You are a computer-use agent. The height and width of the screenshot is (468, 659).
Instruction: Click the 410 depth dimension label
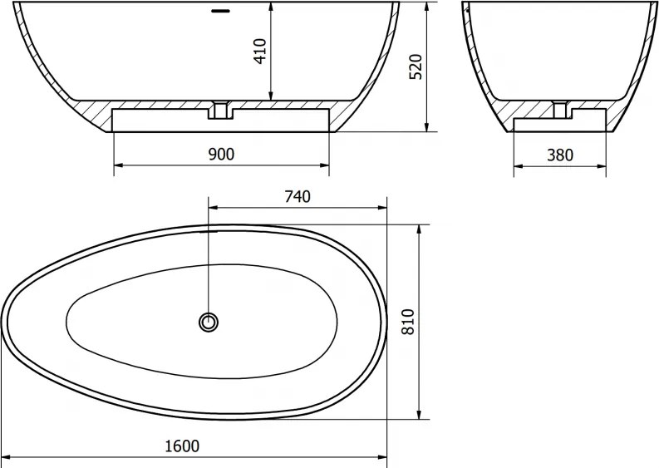click(x=261, y=52)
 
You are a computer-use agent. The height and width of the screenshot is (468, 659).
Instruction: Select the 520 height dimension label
click(x=416, y=67)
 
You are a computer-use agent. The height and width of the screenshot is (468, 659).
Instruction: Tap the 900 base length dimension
click(x=222, y=155)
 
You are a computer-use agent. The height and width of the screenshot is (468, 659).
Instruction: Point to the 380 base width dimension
click(x=560, y=155)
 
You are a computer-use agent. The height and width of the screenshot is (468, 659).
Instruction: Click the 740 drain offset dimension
click(x=298, y=196)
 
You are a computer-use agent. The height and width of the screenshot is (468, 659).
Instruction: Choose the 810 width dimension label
click(x=408, y=322)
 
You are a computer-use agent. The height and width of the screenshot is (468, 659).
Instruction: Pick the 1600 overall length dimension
click(x=182, y=446)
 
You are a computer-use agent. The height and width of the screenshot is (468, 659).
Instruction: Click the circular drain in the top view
click(x=209, y=323)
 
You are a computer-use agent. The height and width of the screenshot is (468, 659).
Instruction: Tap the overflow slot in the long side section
click(x=221, y=11)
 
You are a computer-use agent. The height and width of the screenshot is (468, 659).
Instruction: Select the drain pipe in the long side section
click(x=220, y=110)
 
